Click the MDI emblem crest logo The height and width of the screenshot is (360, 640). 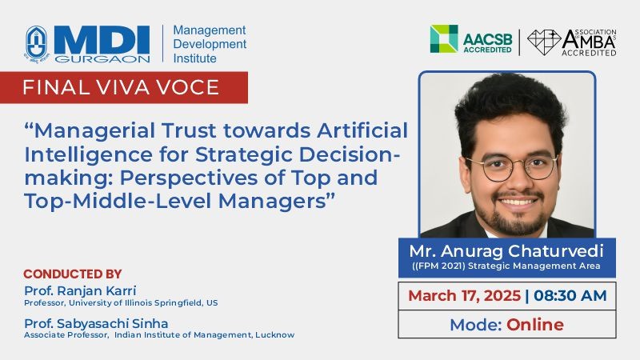coord(37,44)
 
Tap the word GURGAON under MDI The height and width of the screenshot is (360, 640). coord(102,59)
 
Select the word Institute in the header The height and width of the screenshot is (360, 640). coord(194,58)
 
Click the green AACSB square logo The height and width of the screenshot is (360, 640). coord(444,38)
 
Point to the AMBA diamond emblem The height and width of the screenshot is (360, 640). coord(544,42)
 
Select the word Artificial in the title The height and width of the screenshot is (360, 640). coord(362,130)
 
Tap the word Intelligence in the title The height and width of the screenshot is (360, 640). coord(89,155)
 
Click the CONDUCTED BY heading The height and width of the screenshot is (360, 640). coord(73,274)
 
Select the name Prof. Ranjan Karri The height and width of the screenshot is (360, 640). coord(80,290)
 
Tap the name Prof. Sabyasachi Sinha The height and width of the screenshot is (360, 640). coord(96,324)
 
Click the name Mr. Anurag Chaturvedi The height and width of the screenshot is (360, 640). coord(506,251)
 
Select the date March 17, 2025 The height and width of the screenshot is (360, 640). coord(465,295)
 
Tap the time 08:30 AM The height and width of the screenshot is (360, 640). coord(570,295)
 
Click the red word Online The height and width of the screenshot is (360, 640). coord(535,325)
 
